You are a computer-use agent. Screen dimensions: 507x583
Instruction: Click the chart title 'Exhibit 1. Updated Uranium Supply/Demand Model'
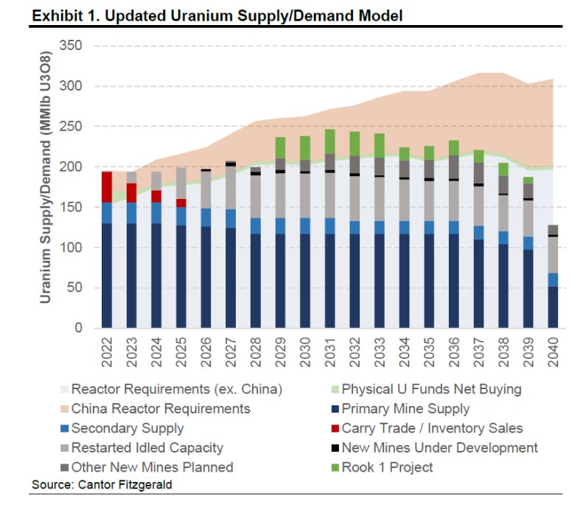217,15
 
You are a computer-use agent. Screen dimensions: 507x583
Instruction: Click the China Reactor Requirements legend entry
161,408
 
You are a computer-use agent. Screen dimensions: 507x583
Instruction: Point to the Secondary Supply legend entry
128,427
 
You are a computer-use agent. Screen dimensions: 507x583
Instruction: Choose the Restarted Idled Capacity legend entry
147,447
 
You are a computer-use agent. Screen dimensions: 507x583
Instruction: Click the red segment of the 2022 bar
107,187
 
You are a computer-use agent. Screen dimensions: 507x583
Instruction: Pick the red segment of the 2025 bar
181,203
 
